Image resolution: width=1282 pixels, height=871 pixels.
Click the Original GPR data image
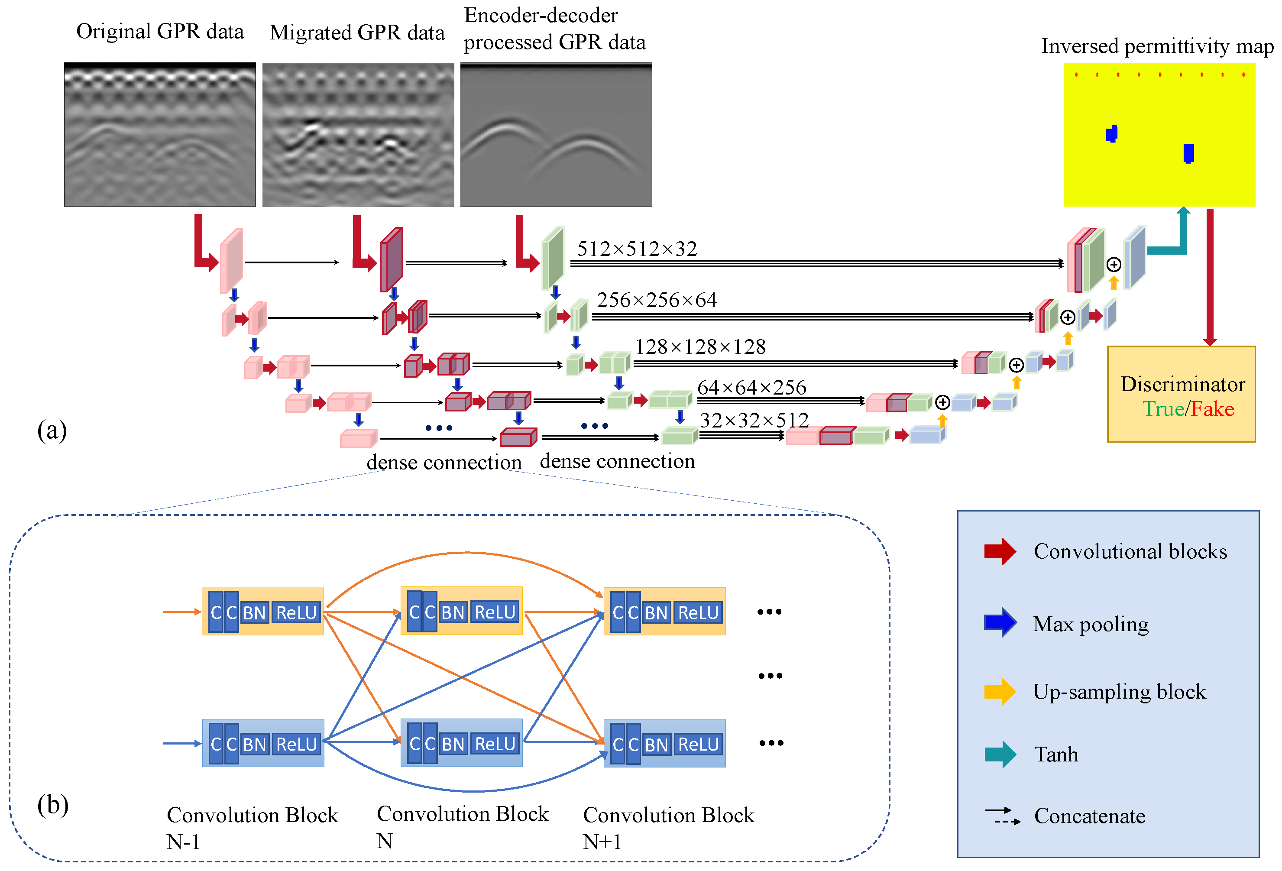coord(160,135)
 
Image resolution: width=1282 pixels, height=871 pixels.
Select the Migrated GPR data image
coord(358,135)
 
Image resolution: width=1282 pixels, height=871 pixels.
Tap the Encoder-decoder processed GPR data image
coord(556,135)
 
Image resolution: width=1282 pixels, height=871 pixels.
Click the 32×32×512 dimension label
coord(754,420)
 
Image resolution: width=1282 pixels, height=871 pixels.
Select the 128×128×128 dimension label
coord(701,347)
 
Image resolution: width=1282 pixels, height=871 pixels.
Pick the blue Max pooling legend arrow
coord(1000,623)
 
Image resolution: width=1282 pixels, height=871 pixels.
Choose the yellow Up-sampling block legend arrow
coord(1000,691)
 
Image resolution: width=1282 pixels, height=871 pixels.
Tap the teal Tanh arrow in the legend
coord(1000,754)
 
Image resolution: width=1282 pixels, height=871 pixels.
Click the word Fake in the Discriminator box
coord(1213,409)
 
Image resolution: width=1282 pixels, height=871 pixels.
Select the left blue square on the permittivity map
coord(1111,133)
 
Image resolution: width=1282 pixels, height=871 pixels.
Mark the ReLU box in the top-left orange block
coord(297,612)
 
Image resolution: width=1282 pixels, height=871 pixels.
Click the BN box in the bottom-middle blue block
coord(453,744)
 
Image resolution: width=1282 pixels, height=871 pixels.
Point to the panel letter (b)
coord(52,805)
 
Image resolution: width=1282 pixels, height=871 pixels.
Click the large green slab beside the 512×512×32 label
coord(553,258)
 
